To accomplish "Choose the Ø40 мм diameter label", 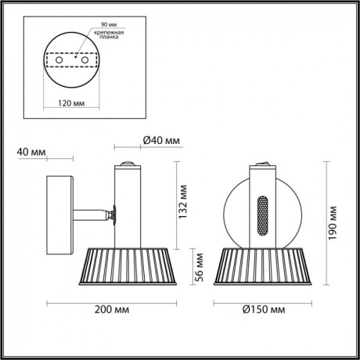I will pos(162,141).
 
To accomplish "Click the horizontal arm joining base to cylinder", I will pos(94,212).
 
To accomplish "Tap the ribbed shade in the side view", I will pos(126,264).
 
